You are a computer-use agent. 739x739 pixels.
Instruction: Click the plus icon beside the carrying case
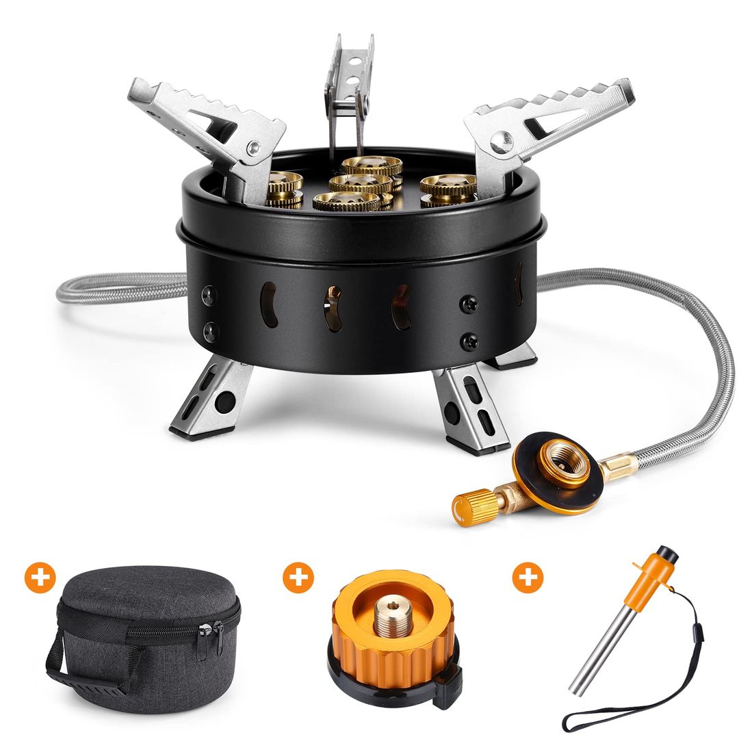(40, 578)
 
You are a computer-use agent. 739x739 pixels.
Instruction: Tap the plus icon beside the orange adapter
(298, 578)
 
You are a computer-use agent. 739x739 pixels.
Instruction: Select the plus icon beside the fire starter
(528, 578)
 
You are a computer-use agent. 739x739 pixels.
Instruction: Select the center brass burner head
(359, 183)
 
